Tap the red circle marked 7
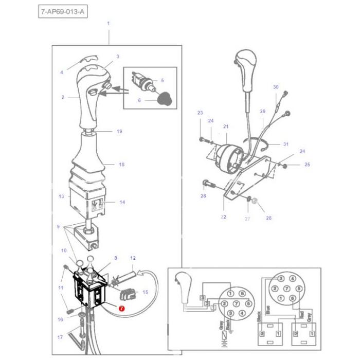pyautogui.click(x=121, y=309)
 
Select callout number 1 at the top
pyautogui.click(x=108, y=24)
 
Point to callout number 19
pyautogui.click(x=119, y=132)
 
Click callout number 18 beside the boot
pyautogui.click(x=122, y=165)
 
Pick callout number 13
pyautogui.click(x=61, y=196)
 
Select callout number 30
pyautogui.click(x=275, y=87)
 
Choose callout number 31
pyautogui.click(x=286, y=144)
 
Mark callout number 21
pyautogui.click(x=225, y=127)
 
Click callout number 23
pyautogui.click(x=200, y=113)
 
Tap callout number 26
pyautogui.click(x=203, y=196)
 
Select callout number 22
pyautogui.click(x=224, y=217)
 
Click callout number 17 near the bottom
pyautogui.click(x=60, y=338)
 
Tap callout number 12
pyautogui.click(x=133, y=257)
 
